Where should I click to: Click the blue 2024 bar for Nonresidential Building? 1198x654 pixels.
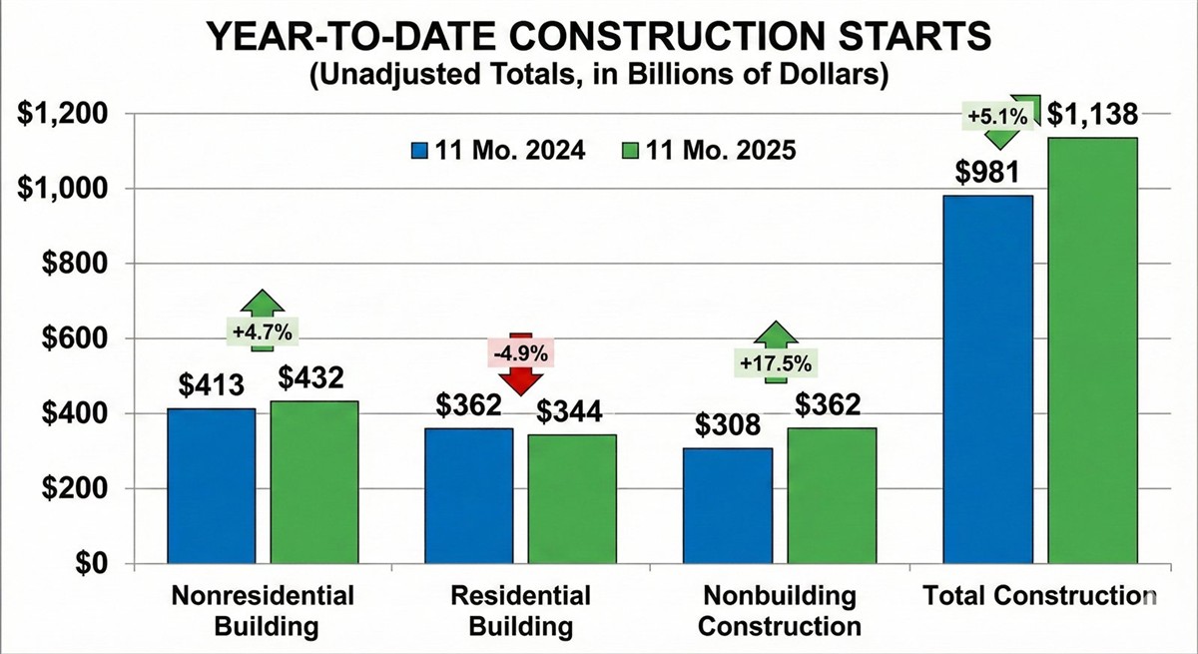click(x=212, y=486)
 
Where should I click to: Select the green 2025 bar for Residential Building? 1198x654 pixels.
click(x=572, y=499)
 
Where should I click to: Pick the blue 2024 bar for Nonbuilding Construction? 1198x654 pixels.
click(x=729, y=506)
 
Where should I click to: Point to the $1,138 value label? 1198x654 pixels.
click(x=1092, y=116)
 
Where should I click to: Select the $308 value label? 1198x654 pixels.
click(x=729, y=426)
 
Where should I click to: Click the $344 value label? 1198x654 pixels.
click(x=572, y=412)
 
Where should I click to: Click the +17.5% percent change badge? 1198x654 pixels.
click(x=776, y=362)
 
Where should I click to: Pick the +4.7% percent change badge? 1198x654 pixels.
click(x=261, y=330)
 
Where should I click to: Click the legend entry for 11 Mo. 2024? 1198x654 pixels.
click(x=498, y=151)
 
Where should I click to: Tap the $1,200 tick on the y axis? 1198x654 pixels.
click(x=62, y=114)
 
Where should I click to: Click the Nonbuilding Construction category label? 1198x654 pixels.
click(x=779, y=611)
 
